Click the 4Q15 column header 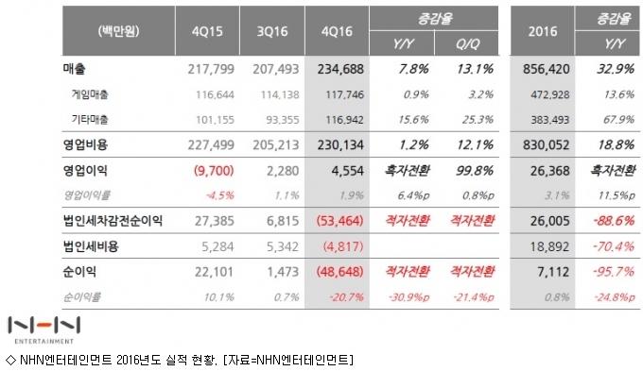[x=207, y=31]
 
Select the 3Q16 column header [x=272, y=31]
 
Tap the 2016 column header [x=543, y=31]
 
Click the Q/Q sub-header [x=467, y=43]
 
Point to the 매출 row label [x=74, y=68]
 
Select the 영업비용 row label [x=85, y=144]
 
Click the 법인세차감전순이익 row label [x=113, y=221]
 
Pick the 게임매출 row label [x=90, y=94]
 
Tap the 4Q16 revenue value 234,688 [x=340, y=69]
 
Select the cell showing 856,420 [x=547, y=69]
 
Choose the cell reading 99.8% [x=475, y=170]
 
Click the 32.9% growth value [x=616, y=68]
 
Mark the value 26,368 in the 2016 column [x=550, y=170]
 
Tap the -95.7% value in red [x=614, y=272]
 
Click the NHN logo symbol [x=43, y=326]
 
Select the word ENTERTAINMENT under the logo [x=43, y=341]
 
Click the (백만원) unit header [x=118, y=31]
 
